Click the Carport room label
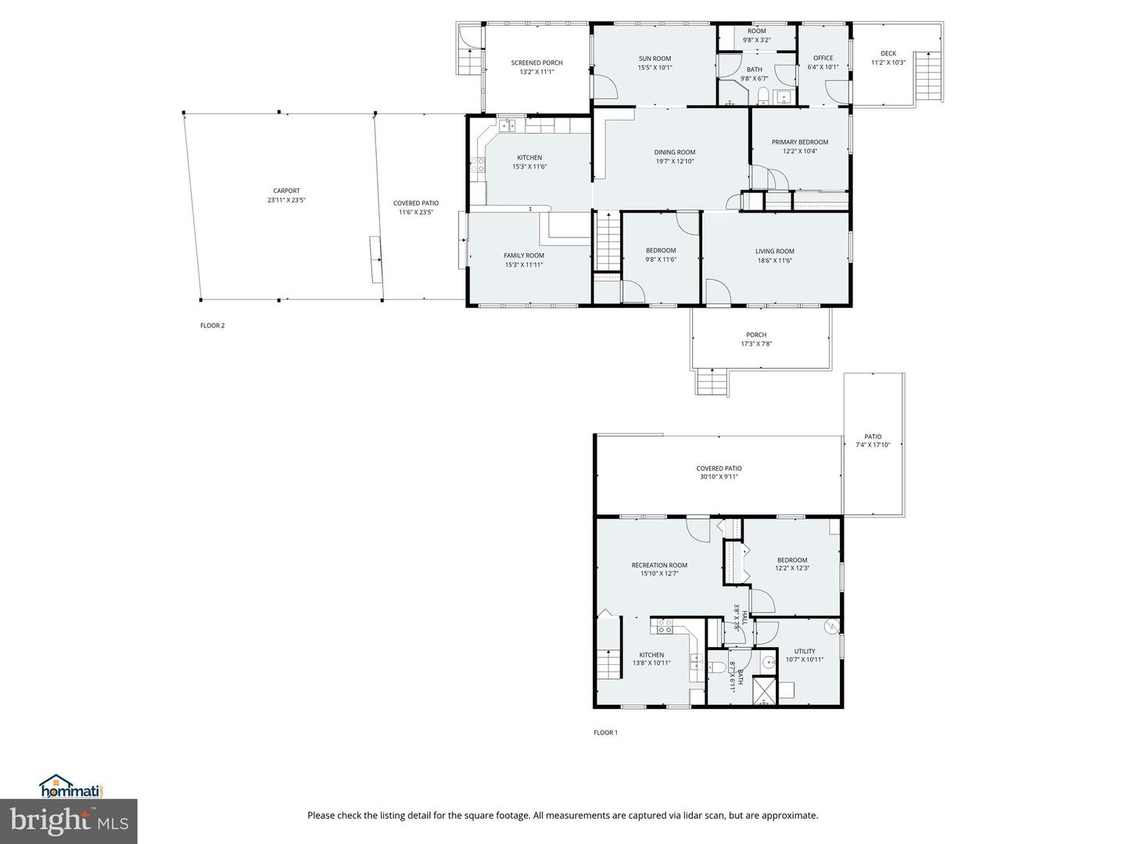point(286,191)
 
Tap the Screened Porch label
point(536,63)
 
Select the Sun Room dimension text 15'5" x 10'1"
point(654,68)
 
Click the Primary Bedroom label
point(799,142)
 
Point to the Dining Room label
point(674,152)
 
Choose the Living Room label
point(774,252)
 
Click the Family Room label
point(523,256)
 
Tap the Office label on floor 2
point(823,58)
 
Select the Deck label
point(888,54)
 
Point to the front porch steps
point(712,382)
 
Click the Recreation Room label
point(659,565)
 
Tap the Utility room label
point(804,651)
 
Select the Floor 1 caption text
point(605,733)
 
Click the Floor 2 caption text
point(212,326)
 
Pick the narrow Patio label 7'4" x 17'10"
point(873,437)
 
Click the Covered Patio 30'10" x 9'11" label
point(719,469)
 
